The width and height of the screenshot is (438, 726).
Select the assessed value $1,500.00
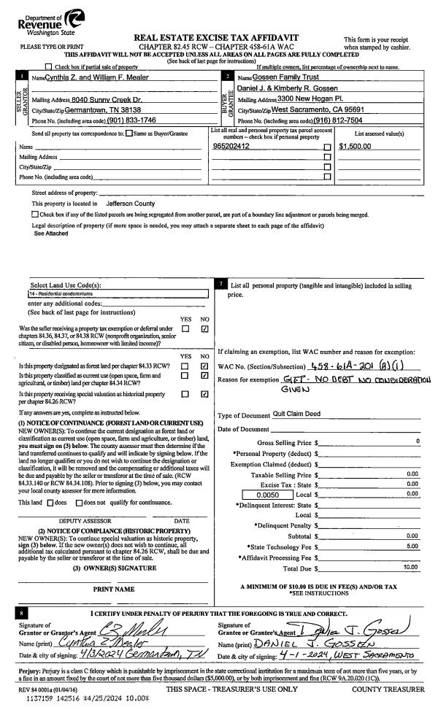point(356,146)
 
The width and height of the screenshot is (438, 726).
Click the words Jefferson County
point(131,204)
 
